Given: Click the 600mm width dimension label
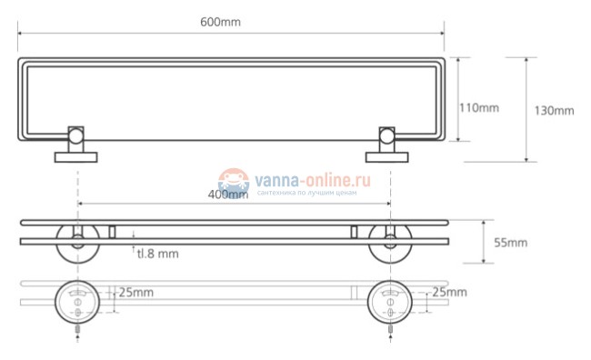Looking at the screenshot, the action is point(220,22).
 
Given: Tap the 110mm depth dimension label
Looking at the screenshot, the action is point(479,108).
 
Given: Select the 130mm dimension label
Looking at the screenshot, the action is point(554,111).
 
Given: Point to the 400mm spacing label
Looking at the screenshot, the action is point(228,195).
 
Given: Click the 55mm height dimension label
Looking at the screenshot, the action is point(510,243).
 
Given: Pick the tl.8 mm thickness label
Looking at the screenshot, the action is point(157,254).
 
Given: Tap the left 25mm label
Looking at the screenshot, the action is point(136,293).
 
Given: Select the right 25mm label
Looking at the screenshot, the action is point(450,292).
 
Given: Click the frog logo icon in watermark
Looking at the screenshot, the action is point(234,182).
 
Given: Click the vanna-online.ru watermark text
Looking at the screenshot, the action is point(313,180).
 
